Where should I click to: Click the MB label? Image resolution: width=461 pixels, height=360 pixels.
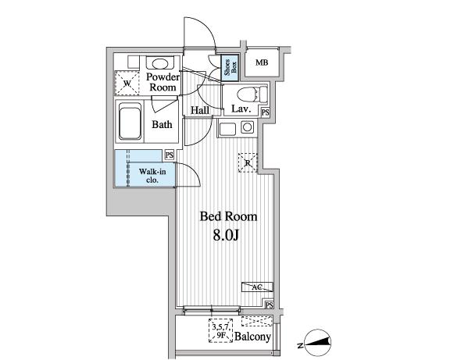tap(262, 62)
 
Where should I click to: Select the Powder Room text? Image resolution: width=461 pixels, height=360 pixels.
tap(163, 82)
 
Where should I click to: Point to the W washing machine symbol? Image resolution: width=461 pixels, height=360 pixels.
tap(126, 81)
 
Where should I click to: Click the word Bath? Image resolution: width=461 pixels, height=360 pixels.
tap(162, 124)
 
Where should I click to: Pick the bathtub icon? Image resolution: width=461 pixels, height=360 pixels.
tap(130, 122)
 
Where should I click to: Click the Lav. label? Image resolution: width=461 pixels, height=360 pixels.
tap(240, 109)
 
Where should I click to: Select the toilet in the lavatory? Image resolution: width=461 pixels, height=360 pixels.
tap(254, 94)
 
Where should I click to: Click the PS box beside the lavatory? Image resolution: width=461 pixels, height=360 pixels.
tap(266, 112)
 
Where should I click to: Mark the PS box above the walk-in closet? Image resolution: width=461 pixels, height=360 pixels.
tap(170, 155)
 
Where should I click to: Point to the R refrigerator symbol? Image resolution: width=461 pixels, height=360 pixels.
tap(247, 162)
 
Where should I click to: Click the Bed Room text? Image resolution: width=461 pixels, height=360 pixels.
tap(229, 216)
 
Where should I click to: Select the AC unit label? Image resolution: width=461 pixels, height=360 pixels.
tap(257, 287)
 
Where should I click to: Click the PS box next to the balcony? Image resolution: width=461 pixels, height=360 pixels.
tap(268, 305)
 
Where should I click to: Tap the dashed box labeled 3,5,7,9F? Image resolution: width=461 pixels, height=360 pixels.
tap(222, 332)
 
